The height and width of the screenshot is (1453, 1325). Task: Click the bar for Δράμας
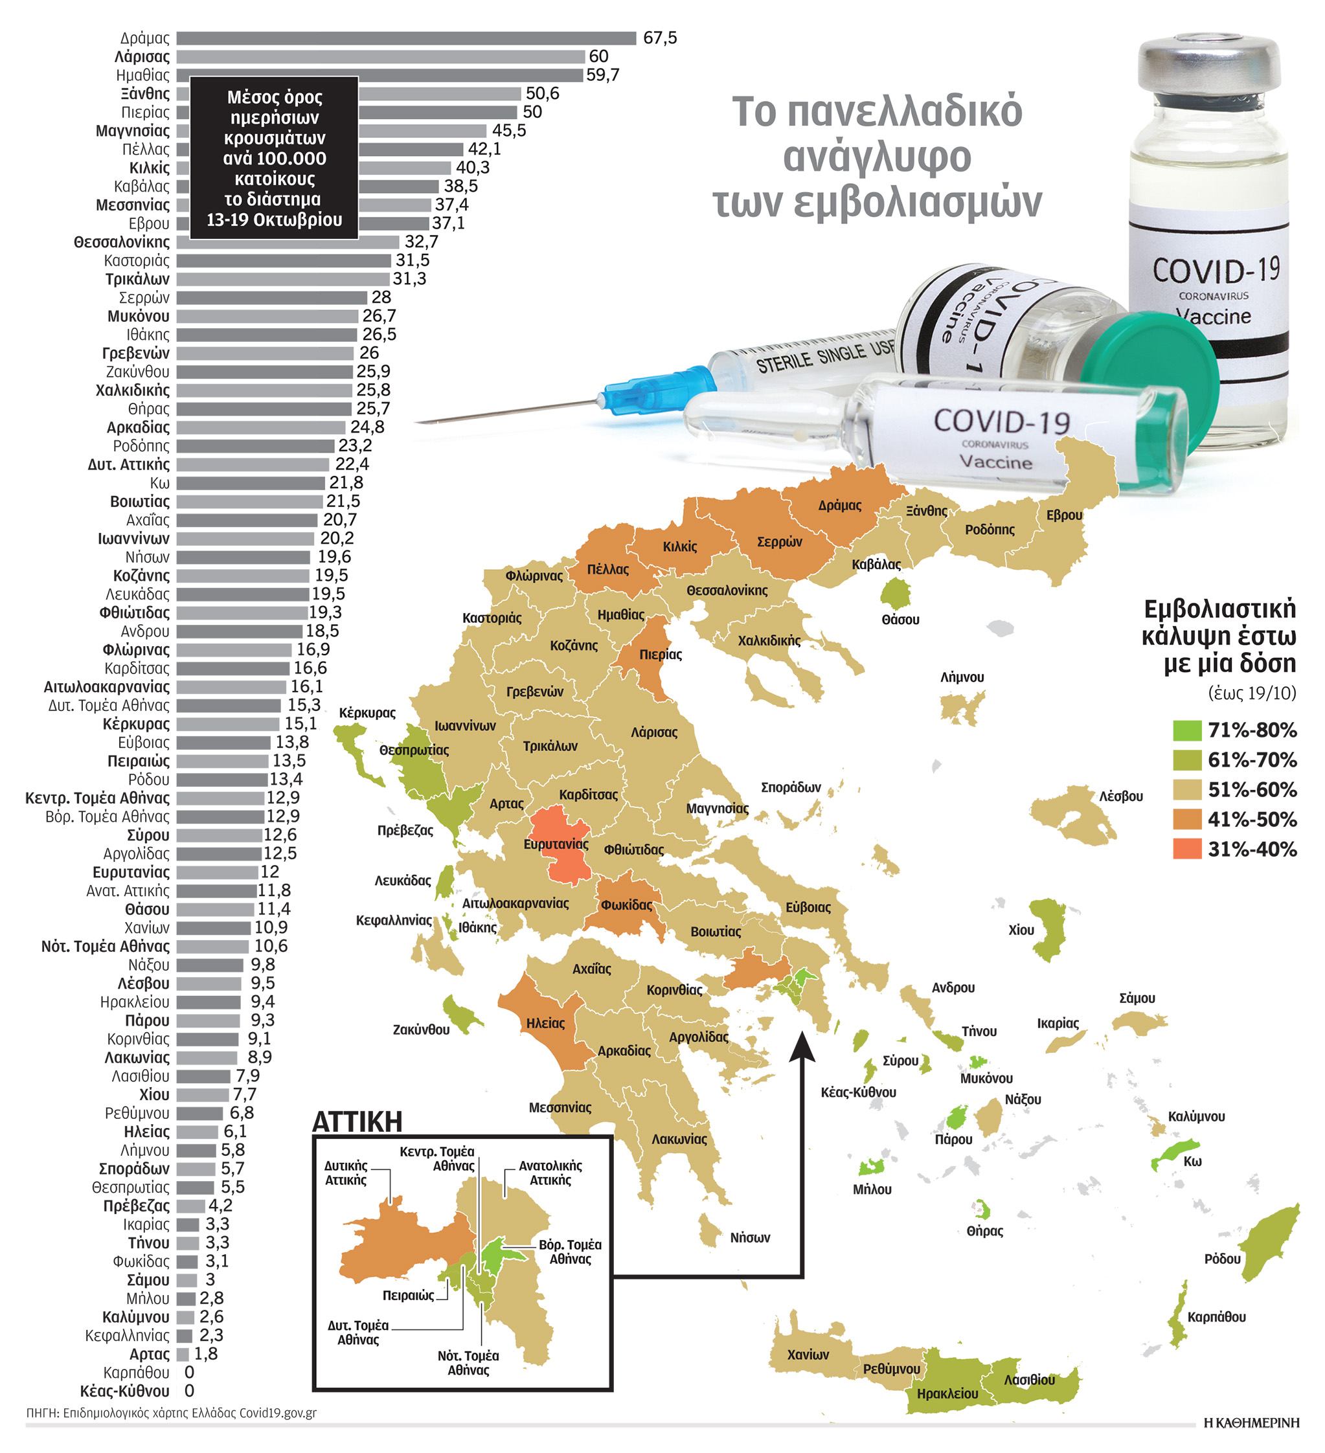click(x=406, y=38)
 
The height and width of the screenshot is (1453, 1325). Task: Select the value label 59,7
click(x=603, y=75)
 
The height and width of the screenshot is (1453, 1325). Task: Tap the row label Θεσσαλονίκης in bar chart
click(x=121, y=242)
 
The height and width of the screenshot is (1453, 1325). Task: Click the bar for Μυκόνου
click(x=267, y=317)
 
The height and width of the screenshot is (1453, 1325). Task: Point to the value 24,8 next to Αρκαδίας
click(x=367, y=427)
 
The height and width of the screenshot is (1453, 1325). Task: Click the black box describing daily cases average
click(x=274, y=158)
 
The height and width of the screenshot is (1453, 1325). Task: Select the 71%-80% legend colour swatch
click(x=1186, y=730)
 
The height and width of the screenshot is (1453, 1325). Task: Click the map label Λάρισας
click(x=654, y=732)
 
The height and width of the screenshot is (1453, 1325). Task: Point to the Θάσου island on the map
click(x=896, y=594)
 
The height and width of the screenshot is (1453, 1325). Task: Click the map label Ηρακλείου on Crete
click(x=947, y=1394)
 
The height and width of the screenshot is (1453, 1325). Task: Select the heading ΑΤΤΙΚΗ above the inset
click(x=357, y=1121)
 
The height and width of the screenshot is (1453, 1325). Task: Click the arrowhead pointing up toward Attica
click(x=802, y=1046)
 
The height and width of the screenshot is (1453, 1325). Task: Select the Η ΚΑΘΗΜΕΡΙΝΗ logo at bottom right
click(x=1251, y=1423)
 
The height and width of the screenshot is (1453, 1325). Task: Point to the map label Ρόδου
click(x=1222, y=1259)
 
